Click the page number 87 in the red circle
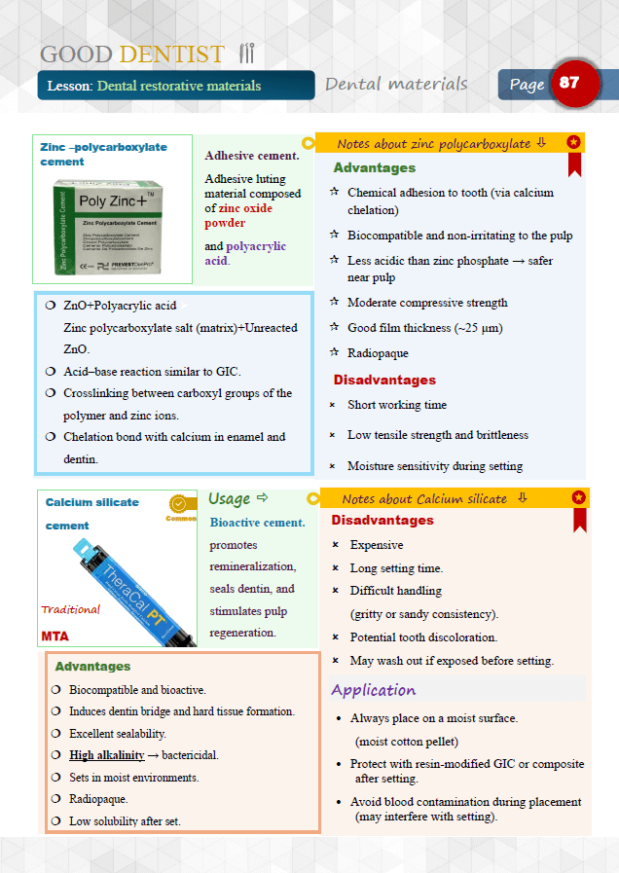click(569, 83)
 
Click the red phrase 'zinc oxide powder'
click(238, 215)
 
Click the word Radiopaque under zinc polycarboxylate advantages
click(378, 353)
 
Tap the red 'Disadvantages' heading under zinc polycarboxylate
click(384, 380)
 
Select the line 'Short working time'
click(397, 405)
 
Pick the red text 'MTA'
click(55, 636)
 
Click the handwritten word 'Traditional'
click(70, 609)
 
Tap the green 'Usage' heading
click(230, 498)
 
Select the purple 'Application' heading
click(373, 690)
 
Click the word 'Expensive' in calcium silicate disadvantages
click(377, 545)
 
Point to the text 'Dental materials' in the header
click(396, 84)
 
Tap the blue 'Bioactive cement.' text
click(257, 523)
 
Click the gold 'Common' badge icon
click(179, 505)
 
